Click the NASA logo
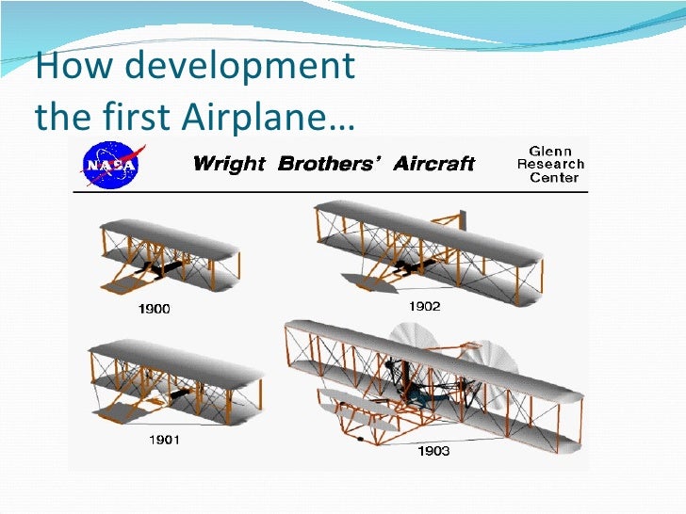coord(111,165)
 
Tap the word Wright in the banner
coord(229,165)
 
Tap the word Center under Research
coord(554,178)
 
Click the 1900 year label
coord(154,309)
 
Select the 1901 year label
coord(162,439)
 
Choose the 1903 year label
coord(433,451)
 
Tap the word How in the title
coord(62,68)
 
